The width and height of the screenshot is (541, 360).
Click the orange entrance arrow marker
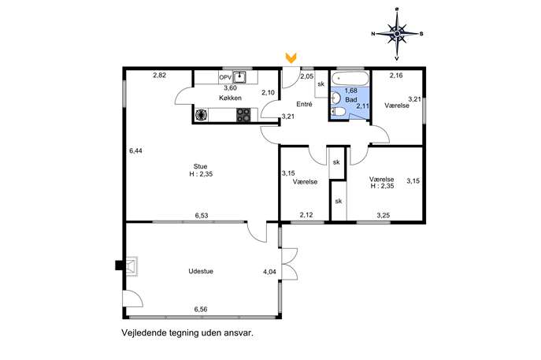click(291, 58)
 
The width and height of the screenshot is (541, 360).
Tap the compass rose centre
click(397, 34)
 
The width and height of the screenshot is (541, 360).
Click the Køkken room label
click(230, 98)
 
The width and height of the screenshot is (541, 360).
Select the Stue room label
click(201, 166)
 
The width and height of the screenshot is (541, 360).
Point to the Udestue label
click(201, 271)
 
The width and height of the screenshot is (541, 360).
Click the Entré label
click(304, 104)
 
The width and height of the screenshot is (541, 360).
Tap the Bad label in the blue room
click(351, 100)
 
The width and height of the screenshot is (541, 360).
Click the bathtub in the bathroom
click(350, 79)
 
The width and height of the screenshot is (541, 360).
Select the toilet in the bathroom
click(338, 112)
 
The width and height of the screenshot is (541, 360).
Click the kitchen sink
click(239, 77)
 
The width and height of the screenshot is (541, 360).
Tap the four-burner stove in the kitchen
click(243, 115)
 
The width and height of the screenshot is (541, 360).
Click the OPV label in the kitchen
click(225, 78)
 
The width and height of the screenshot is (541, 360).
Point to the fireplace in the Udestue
click(131, 265)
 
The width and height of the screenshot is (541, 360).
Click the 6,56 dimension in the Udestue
click(201, 310)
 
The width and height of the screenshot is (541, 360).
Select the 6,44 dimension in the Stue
click(135, 150)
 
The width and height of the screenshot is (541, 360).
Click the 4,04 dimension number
click(269, 272)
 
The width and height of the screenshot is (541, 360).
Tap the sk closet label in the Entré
click(321, 84)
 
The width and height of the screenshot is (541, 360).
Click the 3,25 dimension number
click(383, 215)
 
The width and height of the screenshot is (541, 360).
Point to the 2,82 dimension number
click(159, 76)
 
